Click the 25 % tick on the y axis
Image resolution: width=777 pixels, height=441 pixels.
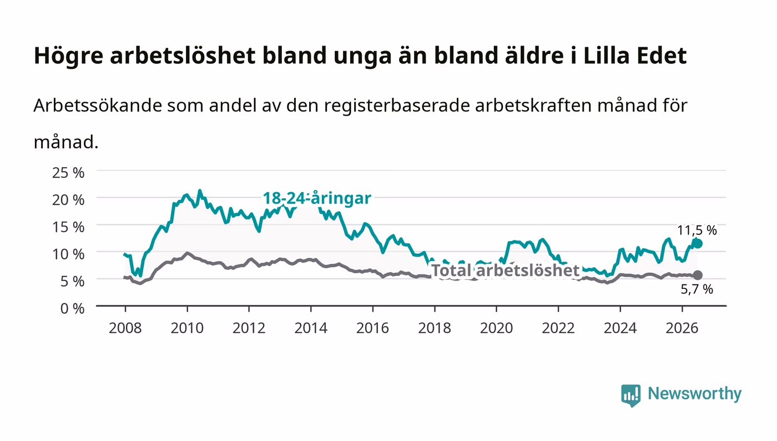coord(68,173)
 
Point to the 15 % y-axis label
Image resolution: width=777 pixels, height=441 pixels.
coord(68,227)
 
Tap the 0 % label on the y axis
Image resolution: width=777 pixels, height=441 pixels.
coord(72,308)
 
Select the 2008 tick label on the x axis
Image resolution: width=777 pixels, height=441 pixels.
coord(125,328)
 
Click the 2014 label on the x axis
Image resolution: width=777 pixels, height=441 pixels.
coord(311,328)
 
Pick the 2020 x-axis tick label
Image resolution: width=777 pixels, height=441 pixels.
coord(496,328)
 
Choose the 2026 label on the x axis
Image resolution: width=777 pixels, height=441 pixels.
coord(682,328)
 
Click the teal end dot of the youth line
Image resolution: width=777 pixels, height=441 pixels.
coord(697,244)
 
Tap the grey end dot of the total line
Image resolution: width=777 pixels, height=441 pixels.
coord(698,275)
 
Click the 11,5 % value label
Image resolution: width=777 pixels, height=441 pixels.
coord(697,230)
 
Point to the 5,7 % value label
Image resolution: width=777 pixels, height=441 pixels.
coord(697,289)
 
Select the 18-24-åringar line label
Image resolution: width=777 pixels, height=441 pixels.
coord(317,198)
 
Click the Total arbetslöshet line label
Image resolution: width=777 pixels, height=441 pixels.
coord(506,270)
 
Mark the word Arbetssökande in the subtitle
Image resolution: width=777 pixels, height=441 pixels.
coord(98,105)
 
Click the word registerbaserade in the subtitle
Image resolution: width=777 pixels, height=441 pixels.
coord(396,106)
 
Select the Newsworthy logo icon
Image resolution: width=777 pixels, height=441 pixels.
coord(630,395)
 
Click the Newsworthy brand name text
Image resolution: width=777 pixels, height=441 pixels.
coord(694,394)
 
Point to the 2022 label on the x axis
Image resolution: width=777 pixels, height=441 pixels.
coord(558,328)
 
